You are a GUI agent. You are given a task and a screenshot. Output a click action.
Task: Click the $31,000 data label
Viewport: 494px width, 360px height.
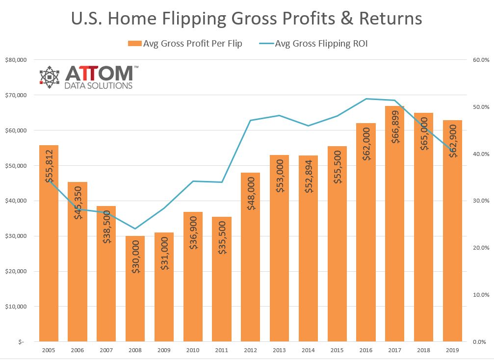pos(164,252)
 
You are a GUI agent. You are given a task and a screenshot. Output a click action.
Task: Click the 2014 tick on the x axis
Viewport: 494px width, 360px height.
pos(308,350)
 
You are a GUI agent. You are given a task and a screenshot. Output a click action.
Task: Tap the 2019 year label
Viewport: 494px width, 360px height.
pos(452,350)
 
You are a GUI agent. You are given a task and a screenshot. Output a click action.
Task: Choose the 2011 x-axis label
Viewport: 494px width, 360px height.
pos(222,350)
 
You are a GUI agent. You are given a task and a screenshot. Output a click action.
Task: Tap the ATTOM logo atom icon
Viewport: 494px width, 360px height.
pos(50,77)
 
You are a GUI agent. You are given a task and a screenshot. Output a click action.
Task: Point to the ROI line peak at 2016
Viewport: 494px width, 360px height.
pos(366,99)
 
